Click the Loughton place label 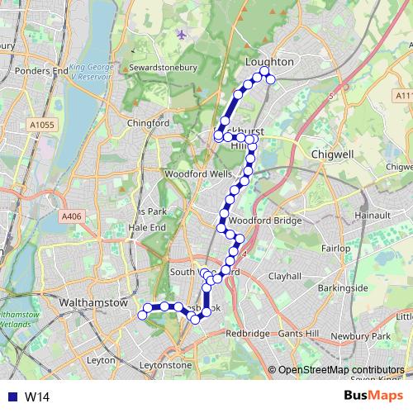tap(269, 62)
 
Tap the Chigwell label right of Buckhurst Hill tap(332, 154)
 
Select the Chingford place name tap(148, 123)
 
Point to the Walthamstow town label tap(94, 303)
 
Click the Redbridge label tap(247, 334)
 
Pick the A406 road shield tap(72, 216)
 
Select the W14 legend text tap(37, 397)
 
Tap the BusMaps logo tap(372, 396)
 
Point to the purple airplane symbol tap(182, 35)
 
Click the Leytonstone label tap(165, 364)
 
